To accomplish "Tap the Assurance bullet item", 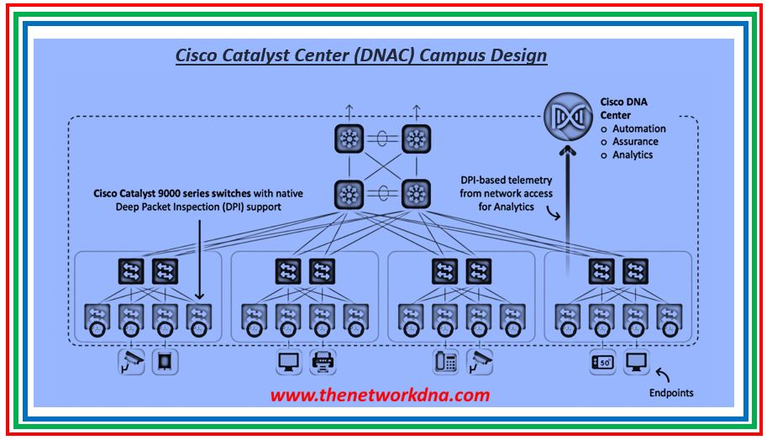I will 635,142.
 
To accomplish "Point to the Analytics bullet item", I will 633,155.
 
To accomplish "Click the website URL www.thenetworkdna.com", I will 380,395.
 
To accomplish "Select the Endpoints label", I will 671,392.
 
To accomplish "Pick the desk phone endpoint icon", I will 446,362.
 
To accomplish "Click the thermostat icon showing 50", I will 602,362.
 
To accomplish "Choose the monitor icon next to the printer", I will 289,362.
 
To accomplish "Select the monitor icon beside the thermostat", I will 636,362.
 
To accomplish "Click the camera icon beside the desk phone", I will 480,362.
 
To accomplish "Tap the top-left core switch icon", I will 348,139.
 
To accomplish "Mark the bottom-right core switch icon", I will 415,195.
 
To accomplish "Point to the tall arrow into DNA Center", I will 569,202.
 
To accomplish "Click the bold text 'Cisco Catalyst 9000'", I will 143,194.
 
